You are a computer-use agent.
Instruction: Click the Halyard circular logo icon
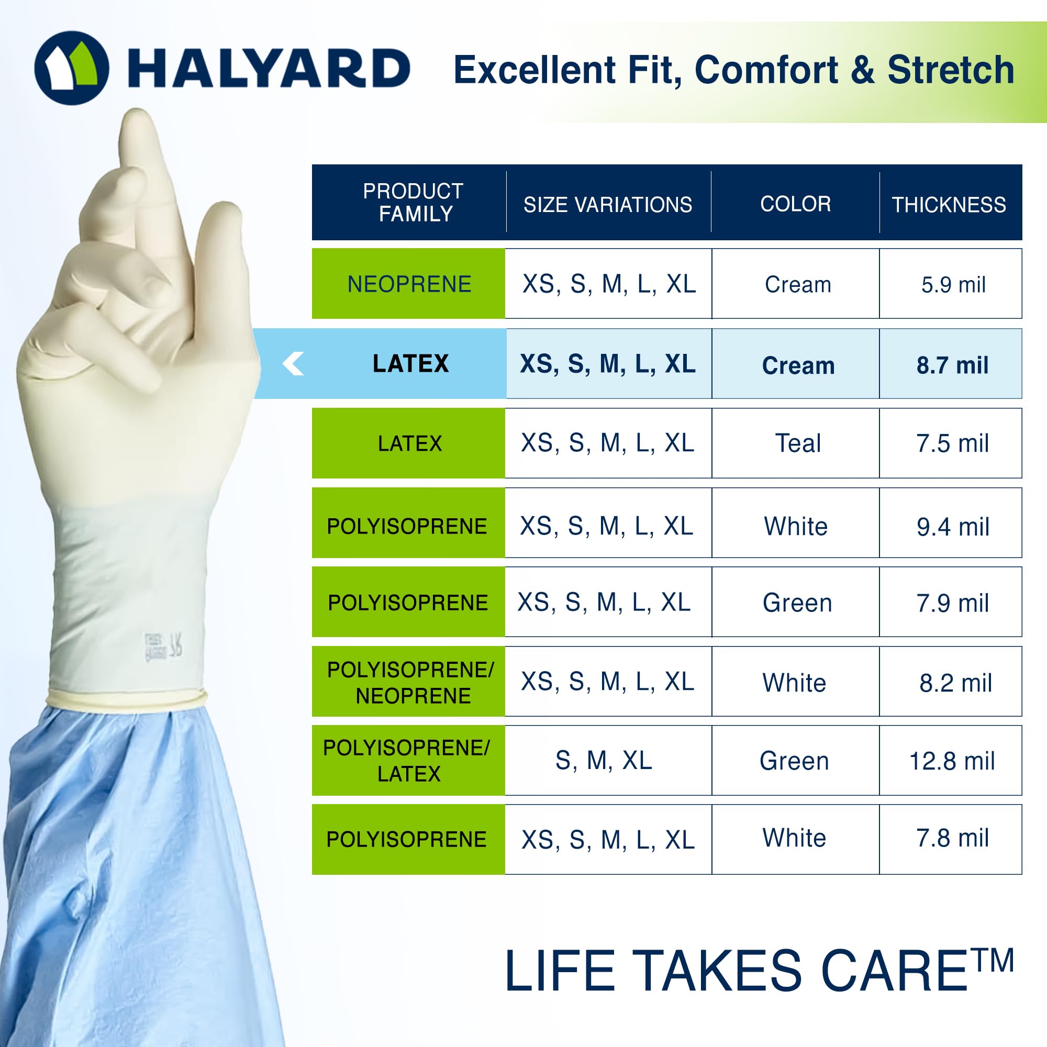click(x=72, y=68)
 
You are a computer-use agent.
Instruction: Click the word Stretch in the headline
click(x=951, y=70)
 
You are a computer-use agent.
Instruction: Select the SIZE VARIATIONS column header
click(x=607, y=205)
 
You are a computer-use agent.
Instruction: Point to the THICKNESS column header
click(x=949, y=205)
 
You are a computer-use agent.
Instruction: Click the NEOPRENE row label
click(x=409, y=284)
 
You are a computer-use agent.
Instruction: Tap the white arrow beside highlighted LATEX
click(x=293, y=364)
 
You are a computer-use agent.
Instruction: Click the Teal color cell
click(x=797, y=443)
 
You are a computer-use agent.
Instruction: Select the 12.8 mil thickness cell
click(x=952, y=761)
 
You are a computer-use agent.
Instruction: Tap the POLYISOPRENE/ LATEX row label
click(x=407, y=760)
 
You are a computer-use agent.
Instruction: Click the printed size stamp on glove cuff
click(x=163, y=646)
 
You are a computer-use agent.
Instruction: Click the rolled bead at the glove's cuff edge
click(x=126, y=698)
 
